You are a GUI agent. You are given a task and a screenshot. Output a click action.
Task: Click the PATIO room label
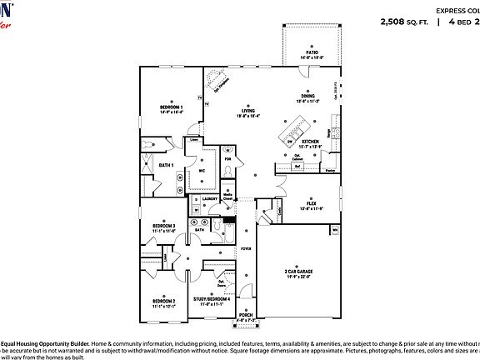(312, 52)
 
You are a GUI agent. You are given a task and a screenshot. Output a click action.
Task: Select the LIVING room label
(248, 111)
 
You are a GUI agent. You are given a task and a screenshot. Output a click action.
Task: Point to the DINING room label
(307, 97)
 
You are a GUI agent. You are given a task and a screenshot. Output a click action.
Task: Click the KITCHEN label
(310, 142)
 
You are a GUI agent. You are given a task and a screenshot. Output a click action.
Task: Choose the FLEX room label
(310, 203)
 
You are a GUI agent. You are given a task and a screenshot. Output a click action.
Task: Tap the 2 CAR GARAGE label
(297, 272)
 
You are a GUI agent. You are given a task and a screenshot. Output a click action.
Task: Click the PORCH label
(246, 315)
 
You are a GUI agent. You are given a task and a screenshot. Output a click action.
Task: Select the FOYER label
(246, 248)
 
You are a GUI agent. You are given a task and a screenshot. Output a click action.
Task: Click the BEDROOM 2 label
(163, 301)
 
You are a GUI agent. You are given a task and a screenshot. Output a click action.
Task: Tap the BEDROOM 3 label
(163, 226)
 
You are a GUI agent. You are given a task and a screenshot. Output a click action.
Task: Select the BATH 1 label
(166, 165)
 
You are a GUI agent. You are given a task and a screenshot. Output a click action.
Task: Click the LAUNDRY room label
(209, 199)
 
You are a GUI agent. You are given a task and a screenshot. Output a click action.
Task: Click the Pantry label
(330, 170)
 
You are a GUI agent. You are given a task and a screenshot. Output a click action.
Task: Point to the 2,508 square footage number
(396, 21)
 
